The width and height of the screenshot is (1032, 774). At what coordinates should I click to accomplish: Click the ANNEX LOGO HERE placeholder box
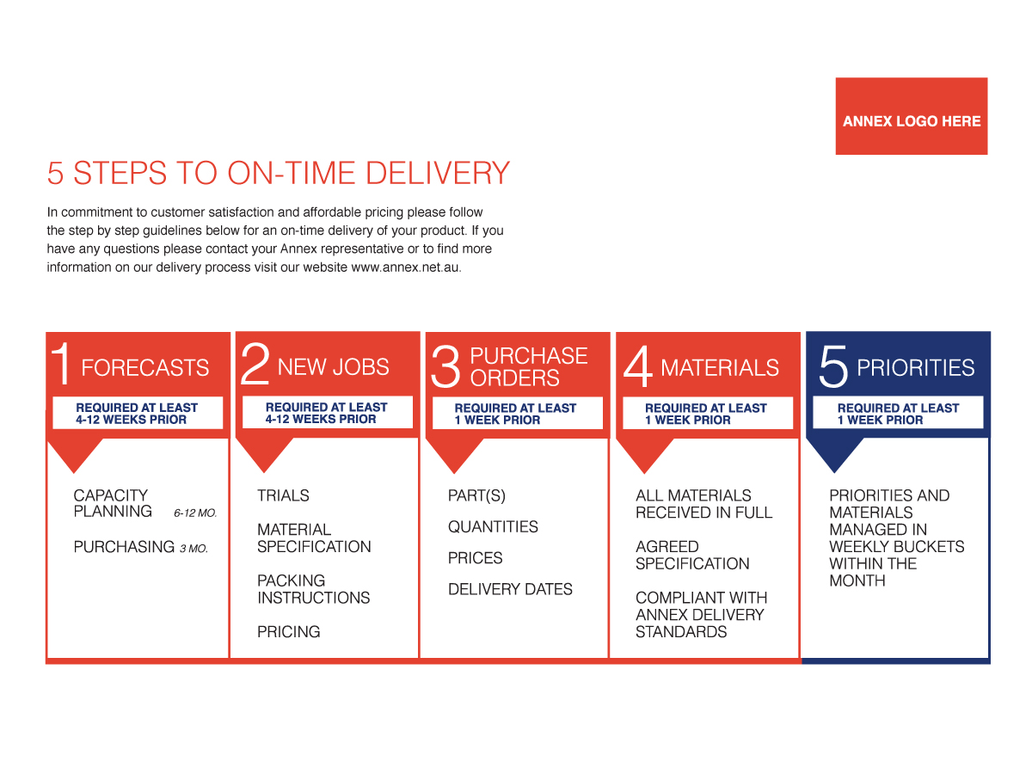pos(911,115)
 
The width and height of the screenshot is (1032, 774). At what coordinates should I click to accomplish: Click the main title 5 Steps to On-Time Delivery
pos(278,173)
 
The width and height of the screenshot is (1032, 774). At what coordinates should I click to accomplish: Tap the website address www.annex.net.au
pos(405,267)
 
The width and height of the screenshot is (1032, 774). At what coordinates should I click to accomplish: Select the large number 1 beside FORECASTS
pos(62,363)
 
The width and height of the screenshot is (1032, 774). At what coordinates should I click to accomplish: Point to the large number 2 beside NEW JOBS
pos(255,363)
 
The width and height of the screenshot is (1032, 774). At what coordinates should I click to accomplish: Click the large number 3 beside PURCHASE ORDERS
pos(445,366)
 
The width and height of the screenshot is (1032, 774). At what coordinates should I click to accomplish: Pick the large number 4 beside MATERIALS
pos(637,366)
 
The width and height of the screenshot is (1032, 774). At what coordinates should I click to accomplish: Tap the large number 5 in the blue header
pos(832,366)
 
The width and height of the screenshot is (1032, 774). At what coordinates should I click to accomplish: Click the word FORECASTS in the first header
pos(144,367)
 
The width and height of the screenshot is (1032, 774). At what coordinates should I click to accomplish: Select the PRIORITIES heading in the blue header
pos(915,367)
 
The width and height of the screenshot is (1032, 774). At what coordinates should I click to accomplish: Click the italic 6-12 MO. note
pos(195,513)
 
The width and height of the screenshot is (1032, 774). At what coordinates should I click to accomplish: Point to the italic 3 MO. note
pos(193,549)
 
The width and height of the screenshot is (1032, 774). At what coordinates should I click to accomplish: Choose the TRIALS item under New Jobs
pos(283,495)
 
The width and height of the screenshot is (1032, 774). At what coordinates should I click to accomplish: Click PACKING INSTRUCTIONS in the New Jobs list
pos(314,589)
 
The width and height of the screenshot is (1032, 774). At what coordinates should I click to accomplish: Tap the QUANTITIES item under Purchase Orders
pos(493,527)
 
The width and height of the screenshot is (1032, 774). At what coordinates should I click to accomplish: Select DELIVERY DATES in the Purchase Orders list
pos(510,589)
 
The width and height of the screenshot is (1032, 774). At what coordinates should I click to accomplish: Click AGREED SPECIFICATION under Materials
pos(692,555)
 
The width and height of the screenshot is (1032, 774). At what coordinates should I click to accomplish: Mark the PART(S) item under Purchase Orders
pos(476,496)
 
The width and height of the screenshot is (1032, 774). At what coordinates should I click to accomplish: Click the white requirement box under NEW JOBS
pos(328,412)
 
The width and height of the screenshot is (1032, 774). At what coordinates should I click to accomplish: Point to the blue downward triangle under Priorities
pos(834,454)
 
